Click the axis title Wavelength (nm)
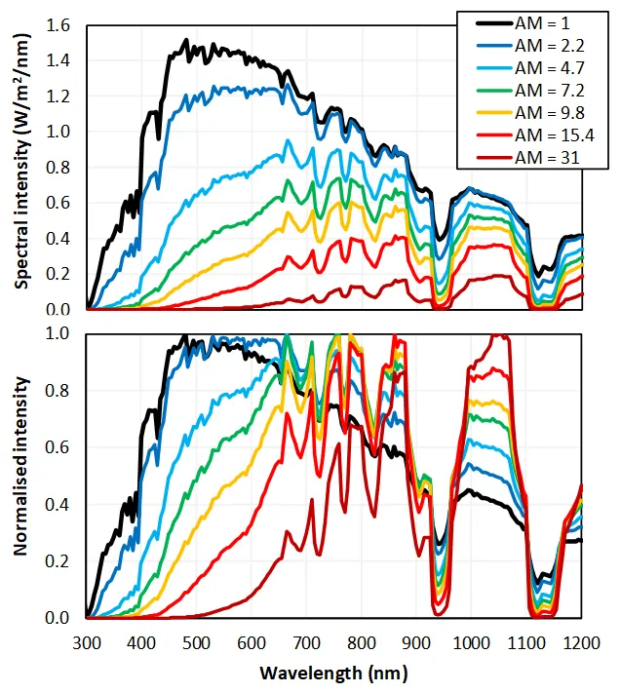point(333,674)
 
